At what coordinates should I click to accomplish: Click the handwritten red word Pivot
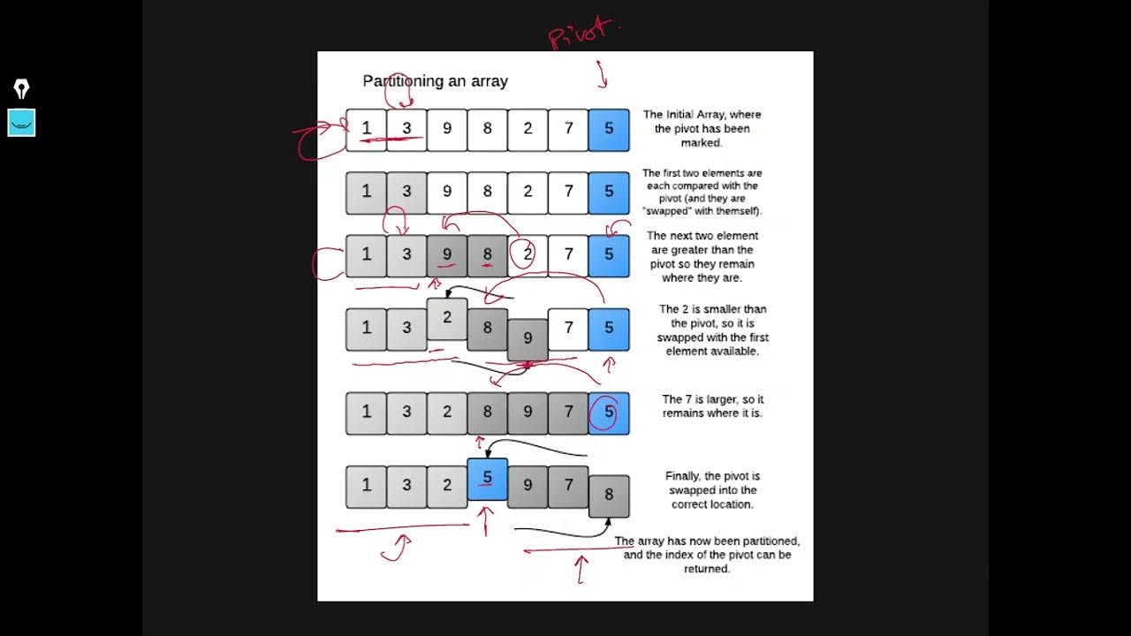(581, 34)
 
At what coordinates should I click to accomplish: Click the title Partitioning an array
(435, 81)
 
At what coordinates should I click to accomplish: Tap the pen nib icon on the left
(21, 88)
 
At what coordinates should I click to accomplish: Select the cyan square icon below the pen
(21, 123)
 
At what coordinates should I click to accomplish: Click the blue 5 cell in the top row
(609, 129)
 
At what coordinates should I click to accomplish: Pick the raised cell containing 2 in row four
(447, 319)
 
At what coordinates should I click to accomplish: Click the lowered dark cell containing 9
(528, 339)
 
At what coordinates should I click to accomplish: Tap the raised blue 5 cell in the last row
(487, 479)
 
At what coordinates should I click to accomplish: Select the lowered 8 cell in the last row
(609, 496)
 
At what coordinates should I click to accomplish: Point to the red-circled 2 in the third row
(527, 255)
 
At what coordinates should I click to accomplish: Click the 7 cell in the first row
(568, 129)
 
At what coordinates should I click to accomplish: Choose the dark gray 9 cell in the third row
(447, 255)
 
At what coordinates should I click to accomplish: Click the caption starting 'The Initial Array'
(702, 128)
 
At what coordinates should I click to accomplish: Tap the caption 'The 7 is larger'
(712, 406)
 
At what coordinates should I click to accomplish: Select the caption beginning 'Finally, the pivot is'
(712, 490)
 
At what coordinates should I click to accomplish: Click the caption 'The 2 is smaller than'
(712, 330)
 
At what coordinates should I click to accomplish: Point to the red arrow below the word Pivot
(603, 75)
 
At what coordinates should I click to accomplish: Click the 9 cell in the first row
(447, 129)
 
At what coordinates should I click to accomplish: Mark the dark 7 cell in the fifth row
(568, 413)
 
